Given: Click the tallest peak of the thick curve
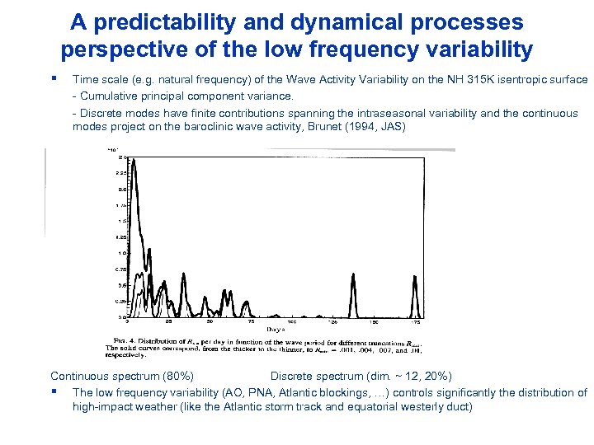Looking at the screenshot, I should (x=134, y=163).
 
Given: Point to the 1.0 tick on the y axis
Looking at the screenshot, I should (x=120, y=253).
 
